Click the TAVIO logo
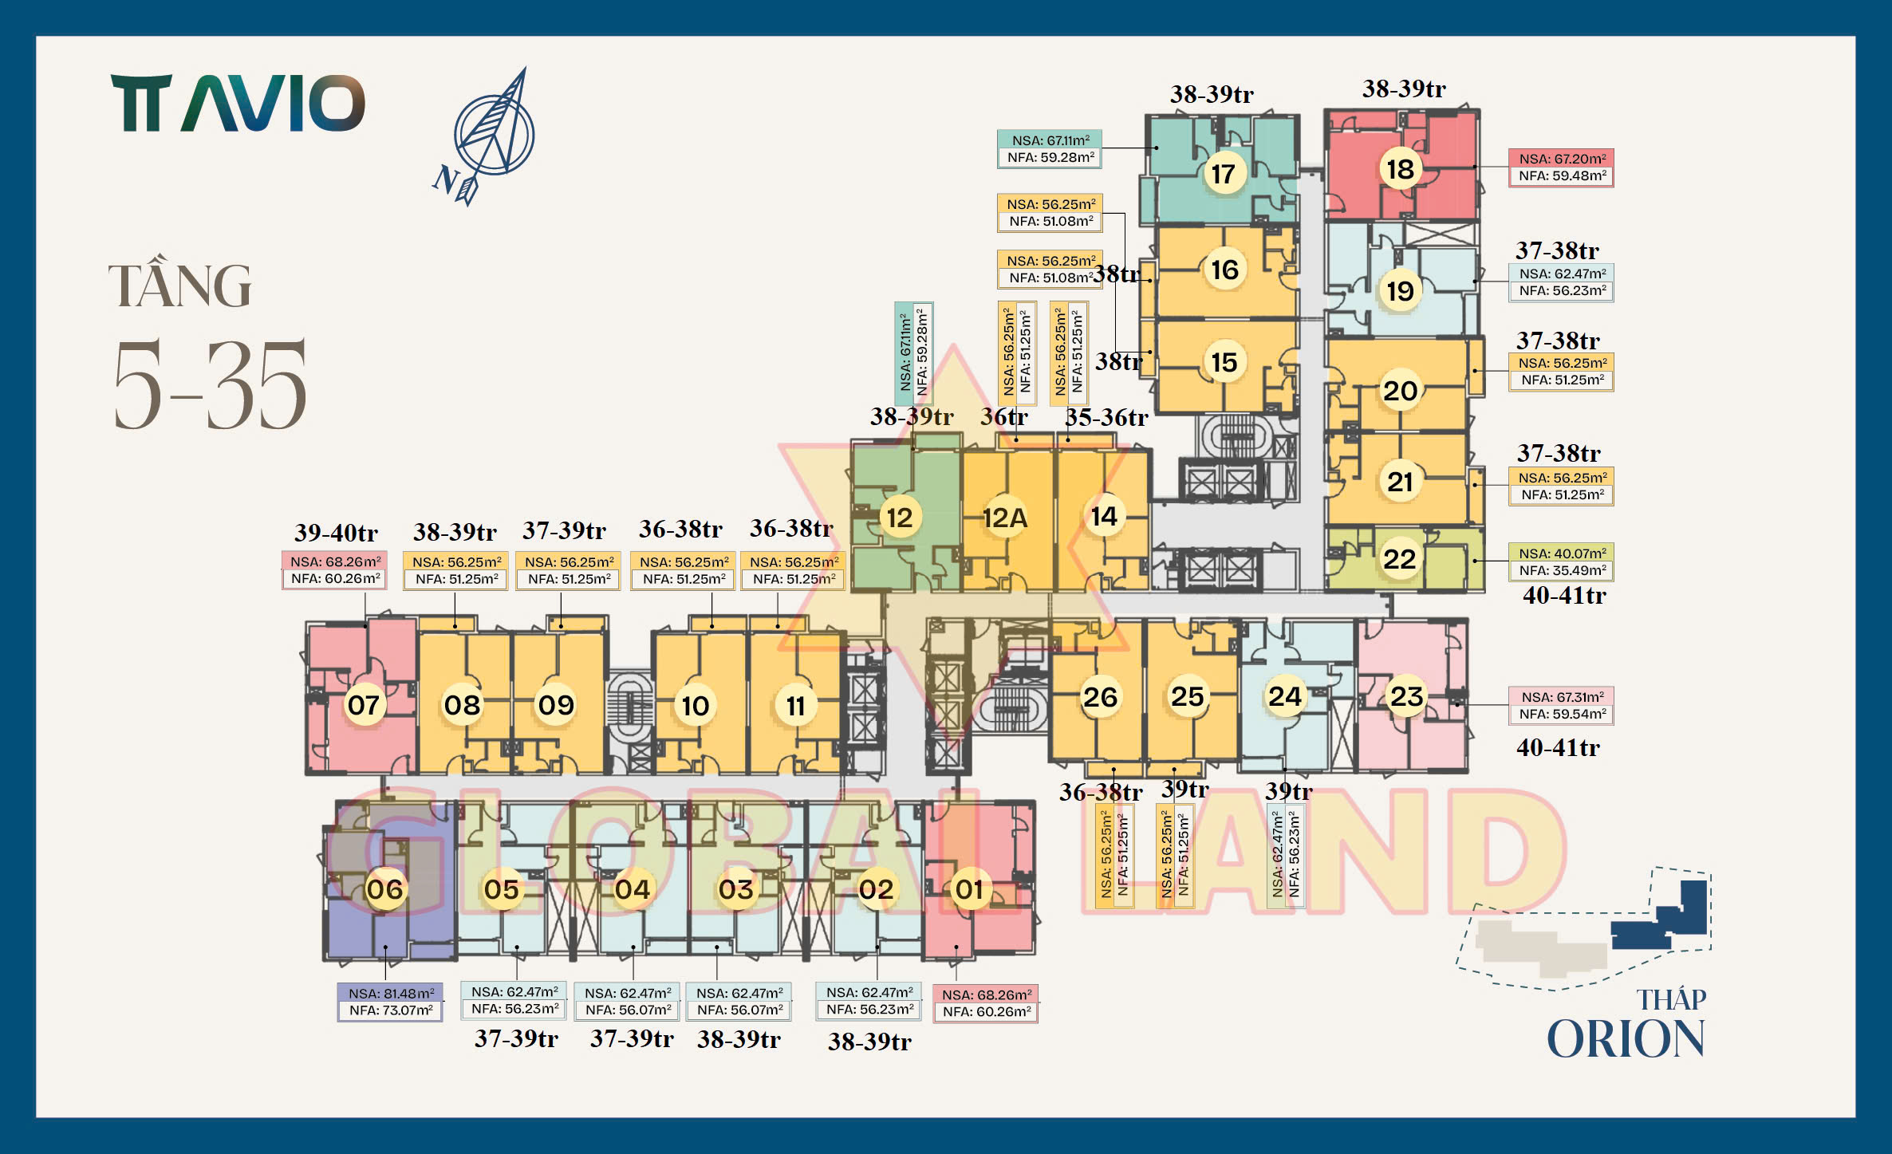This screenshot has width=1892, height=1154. point(238,103)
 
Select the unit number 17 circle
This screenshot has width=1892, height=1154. point(1223,173)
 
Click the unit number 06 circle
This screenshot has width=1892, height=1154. point(384,889)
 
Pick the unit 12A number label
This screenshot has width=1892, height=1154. point(1005,518)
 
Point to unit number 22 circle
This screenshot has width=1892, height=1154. point(1400,559)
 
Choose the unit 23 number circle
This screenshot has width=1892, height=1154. point(1406,696)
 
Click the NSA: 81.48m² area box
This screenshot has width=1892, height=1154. point(390,1002)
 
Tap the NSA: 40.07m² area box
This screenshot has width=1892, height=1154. point(1561,561)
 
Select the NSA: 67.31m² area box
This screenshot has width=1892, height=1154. point(1561,706)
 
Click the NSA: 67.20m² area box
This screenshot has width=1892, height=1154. point(1561,167)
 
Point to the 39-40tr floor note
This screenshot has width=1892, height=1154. point(336,533)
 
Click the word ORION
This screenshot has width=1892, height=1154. point(1626,1039)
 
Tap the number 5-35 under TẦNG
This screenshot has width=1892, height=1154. point(210,384)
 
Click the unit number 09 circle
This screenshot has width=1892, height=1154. point(556,705)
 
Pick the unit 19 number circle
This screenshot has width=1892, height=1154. point(1400,291)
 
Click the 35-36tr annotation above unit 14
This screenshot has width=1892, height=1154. point(1106,417)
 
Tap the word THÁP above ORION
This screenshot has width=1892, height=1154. point(1671,999)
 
